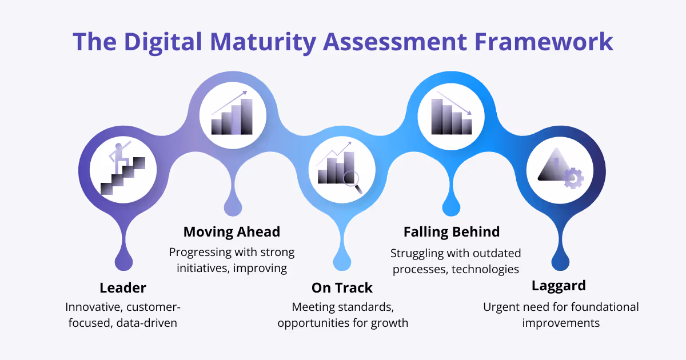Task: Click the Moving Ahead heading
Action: [x=232, y=231]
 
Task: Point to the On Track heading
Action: [x=342, y=287]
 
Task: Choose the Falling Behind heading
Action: [x=452, y=231]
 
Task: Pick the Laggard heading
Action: [x=559, y=285]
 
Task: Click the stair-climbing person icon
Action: [x=122, y=169]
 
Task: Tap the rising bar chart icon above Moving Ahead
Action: [x=232, y=115]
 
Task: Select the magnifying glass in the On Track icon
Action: [x=352, y=179]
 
